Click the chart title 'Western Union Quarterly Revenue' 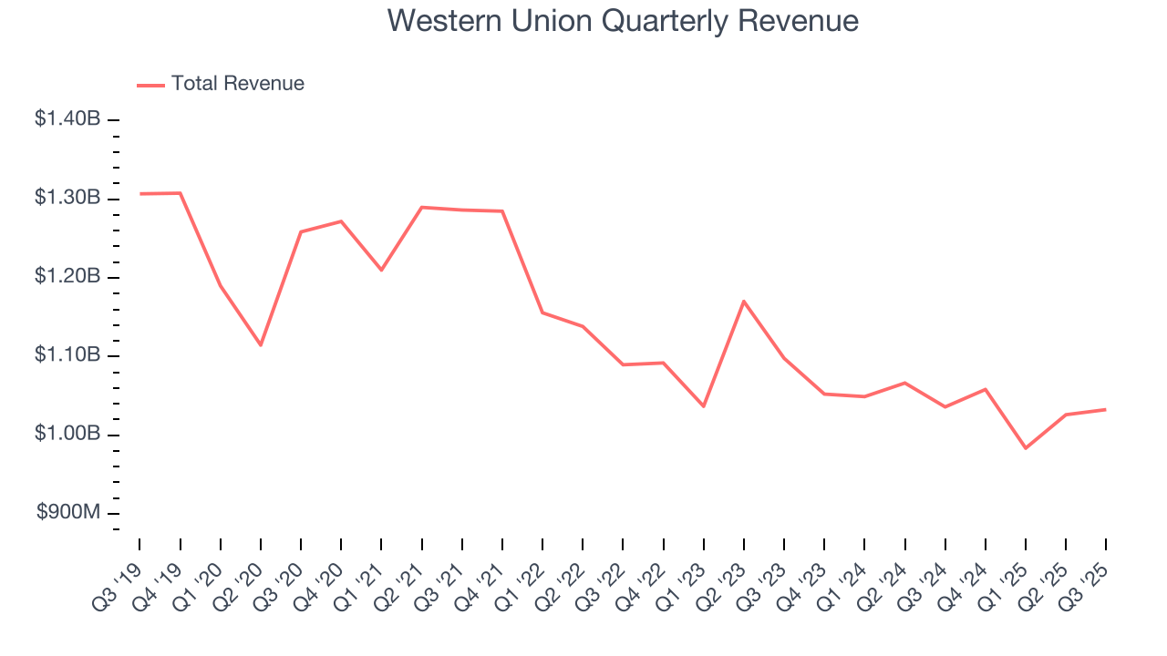point(623,21)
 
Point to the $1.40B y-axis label point(67,118)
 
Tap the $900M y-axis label point(68,513)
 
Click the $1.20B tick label point(67,277)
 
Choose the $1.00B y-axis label point(67,435)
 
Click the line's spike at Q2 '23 point(744,301)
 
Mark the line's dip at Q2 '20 point(261,345)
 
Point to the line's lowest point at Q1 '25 point(1026,448)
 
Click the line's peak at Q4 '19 point(181,193)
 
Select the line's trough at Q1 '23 point(704,406)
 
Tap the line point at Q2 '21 point(422,207)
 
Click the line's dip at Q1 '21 point(381,271)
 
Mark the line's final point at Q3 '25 point(1106,409)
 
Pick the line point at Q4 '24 point(986,389)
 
